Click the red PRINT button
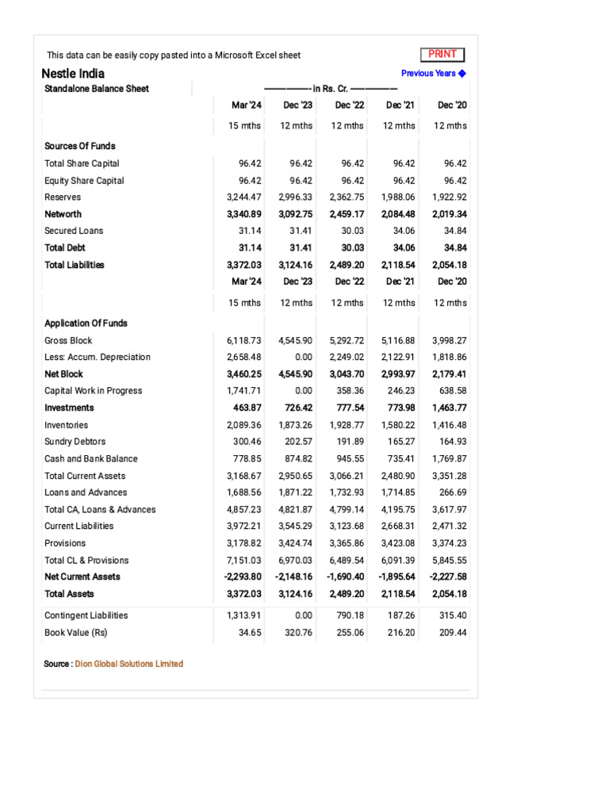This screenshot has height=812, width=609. (442, 55)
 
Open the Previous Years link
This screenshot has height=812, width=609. (433, 74)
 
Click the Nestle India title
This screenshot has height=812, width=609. (73, 74)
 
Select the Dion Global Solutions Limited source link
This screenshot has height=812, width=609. (128, 664)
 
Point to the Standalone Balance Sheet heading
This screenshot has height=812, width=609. (97, 89)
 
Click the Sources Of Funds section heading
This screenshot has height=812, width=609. (80, 146)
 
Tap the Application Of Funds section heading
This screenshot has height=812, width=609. (86, 324)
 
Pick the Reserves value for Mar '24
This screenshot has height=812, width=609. (244, 197)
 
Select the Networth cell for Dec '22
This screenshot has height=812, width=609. (347, 214)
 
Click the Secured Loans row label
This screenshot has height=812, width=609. (74, 231)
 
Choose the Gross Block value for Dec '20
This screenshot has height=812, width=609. (450, 340)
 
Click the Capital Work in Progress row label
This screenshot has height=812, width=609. (94, 391)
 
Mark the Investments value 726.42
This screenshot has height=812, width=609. (296, 408)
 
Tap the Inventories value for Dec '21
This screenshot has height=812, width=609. (398, 425)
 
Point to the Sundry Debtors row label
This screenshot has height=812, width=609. (75, 442)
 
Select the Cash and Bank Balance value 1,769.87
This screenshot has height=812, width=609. (450, 459)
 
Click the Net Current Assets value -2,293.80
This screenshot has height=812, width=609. (243, 576)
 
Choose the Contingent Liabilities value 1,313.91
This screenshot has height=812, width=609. (244, 615)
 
